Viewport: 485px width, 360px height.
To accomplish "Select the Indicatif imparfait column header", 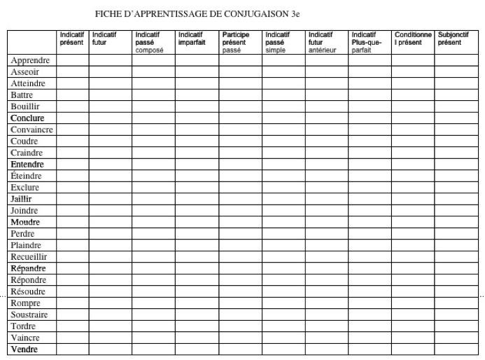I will pyautogui.click(x=191, y=38).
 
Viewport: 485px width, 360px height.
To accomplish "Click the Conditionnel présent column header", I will pyautogui.click(x=412, y=38).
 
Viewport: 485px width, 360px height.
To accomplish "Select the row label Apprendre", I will pyautogui.click(x=30, y=60).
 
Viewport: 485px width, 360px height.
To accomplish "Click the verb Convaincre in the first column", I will pyautogui.click(x=32, y=130).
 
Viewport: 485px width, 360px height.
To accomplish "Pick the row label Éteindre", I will pyautogui.click(x=27, y=176).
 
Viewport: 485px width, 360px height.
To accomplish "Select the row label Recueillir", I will pyautogui.click(x=29, y=257).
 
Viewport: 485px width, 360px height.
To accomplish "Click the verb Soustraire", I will pyautogui.click(x=29, y=314).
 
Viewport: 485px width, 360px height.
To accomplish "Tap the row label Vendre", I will pyautogui.click(x=24, y=349).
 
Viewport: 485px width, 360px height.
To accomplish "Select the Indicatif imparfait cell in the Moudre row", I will pyautogui.click(x=197, y=222).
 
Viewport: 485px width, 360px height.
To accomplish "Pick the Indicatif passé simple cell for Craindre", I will pyautogui.click(x=283, y=153).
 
